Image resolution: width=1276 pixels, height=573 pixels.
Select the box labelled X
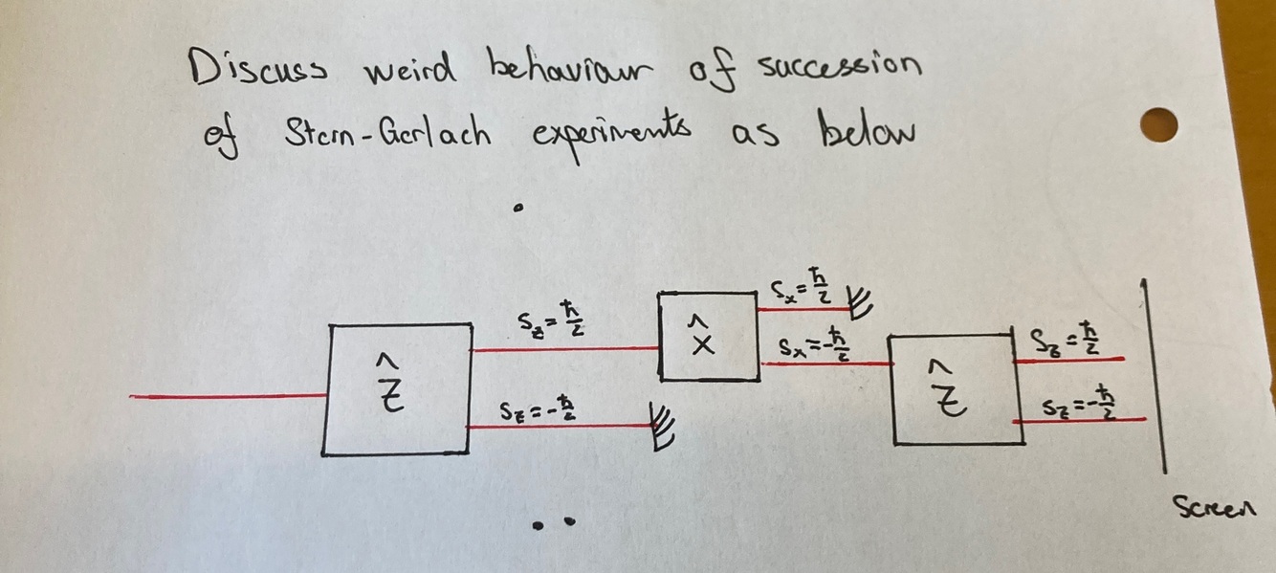[707, 338]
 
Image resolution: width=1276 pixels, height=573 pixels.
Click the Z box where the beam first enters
[398, 389]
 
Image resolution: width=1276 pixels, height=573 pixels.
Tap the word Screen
[1221, 506]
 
